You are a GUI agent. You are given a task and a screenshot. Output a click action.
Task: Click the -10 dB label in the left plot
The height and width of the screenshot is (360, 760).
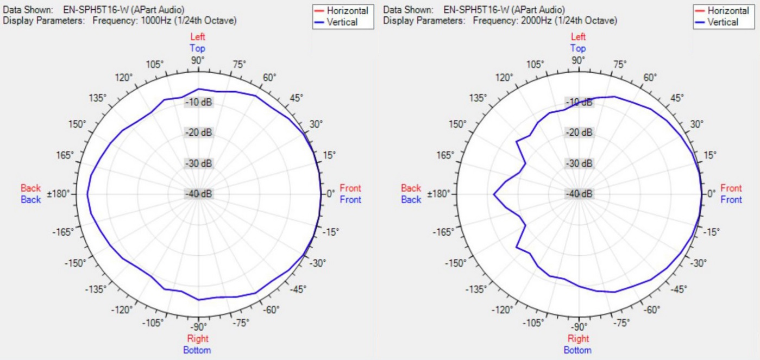198,102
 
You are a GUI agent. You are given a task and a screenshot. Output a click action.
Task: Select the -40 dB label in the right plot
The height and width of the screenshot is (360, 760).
579,194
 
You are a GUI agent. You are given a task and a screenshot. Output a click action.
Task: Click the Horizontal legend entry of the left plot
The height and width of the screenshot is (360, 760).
347,10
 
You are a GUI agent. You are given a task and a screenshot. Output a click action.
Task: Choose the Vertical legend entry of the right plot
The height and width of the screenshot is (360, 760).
723,22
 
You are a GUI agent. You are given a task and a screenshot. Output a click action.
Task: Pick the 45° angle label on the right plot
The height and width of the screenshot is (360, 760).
676,98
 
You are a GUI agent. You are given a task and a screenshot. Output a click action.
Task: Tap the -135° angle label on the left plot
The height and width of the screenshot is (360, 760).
96,289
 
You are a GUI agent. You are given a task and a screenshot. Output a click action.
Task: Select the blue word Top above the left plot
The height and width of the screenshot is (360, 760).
198,48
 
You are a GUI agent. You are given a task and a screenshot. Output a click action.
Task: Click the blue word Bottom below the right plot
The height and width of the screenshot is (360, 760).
577,350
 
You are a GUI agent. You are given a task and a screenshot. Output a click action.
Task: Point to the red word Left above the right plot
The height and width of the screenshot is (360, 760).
578,37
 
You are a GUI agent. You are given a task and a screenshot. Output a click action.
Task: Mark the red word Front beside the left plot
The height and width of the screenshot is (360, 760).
350,188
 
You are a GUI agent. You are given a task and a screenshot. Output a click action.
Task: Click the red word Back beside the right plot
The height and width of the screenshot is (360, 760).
411,188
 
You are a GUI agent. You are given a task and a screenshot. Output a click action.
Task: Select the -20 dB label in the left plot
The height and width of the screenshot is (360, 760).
198,133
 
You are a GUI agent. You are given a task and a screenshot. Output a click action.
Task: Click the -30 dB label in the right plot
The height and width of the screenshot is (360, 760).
579,163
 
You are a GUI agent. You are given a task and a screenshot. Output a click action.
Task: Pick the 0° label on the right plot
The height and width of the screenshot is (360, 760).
711,194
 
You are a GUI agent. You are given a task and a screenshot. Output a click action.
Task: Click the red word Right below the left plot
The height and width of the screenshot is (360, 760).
198,339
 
